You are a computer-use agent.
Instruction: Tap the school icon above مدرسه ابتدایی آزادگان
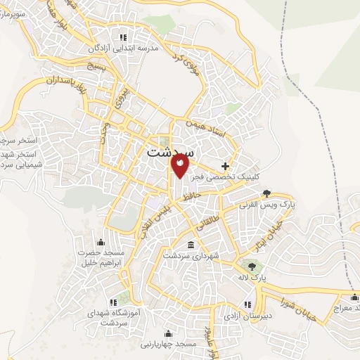coord(124,37)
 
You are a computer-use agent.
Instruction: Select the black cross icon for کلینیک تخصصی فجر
coord(225,166)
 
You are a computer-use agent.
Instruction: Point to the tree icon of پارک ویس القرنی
coord(266,192)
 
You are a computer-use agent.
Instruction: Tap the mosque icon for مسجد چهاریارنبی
coord(167,334)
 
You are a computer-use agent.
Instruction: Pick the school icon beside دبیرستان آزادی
coord(247,304)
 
